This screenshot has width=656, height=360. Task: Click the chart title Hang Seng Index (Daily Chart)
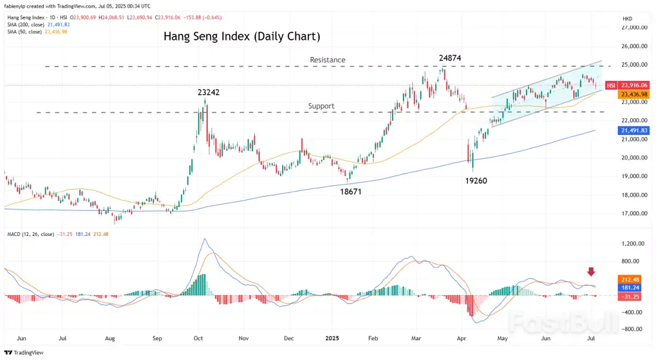click(242, 37)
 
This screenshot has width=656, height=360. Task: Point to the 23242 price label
click(209, 93)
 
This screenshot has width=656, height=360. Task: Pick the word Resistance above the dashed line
click(327, 60)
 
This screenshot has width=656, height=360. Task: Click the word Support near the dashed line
click(321, 106)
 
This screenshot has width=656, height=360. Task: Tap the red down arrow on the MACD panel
click(591, 272)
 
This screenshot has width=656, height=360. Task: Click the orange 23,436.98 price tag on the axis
click(632, 95)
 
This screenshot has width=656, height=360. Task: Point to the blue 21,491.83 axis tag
click(632, 130)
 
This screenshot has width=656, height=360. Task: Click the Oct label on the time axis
click(198, 339)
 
